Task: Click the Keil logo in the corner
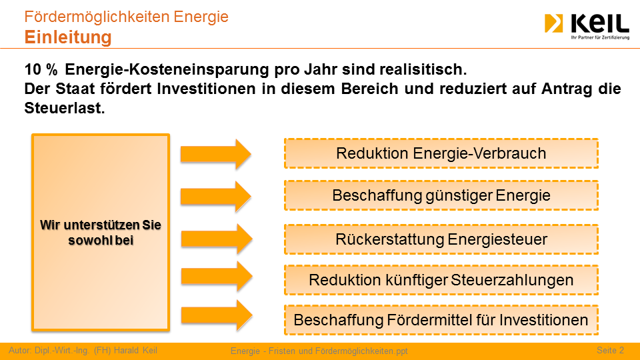coord(587,27)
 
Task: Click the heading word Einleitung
coord(68,37)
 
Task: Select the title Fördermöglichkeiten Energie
coord(126,17)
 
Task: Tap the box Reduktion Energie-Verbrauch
coord(441,153)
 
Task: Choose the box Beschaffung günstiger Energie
coord(441,195)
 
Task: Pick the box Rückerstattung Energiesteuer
coord(441,239)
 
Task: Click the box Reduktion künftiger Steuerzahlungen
coord(441,280)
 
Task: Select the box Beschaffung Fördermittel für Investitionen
coord(441,320)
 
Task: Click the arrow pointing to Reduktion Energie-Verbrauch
coord(216,154)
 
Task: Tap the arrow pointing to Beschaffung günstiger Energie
coord(216,196)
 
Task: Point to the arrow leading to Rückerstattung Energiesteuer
coord(217,239)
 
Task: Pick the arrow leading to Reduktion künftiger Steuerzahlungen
coord(217,277)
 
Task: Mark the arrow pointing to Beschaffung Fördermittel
coord(217,315)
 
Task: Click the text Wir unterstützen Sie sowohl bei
coord(101,233)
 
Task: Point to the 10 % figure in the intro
coord(41,69)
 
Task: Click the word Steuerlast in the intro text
coord(65,108)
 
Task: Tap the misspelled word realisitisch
coord(423,69)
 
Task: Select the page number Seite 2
coord(610,350)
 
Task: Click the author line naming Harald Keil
coord(83,350)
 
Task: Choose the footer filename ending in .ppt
coord(319,351)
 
